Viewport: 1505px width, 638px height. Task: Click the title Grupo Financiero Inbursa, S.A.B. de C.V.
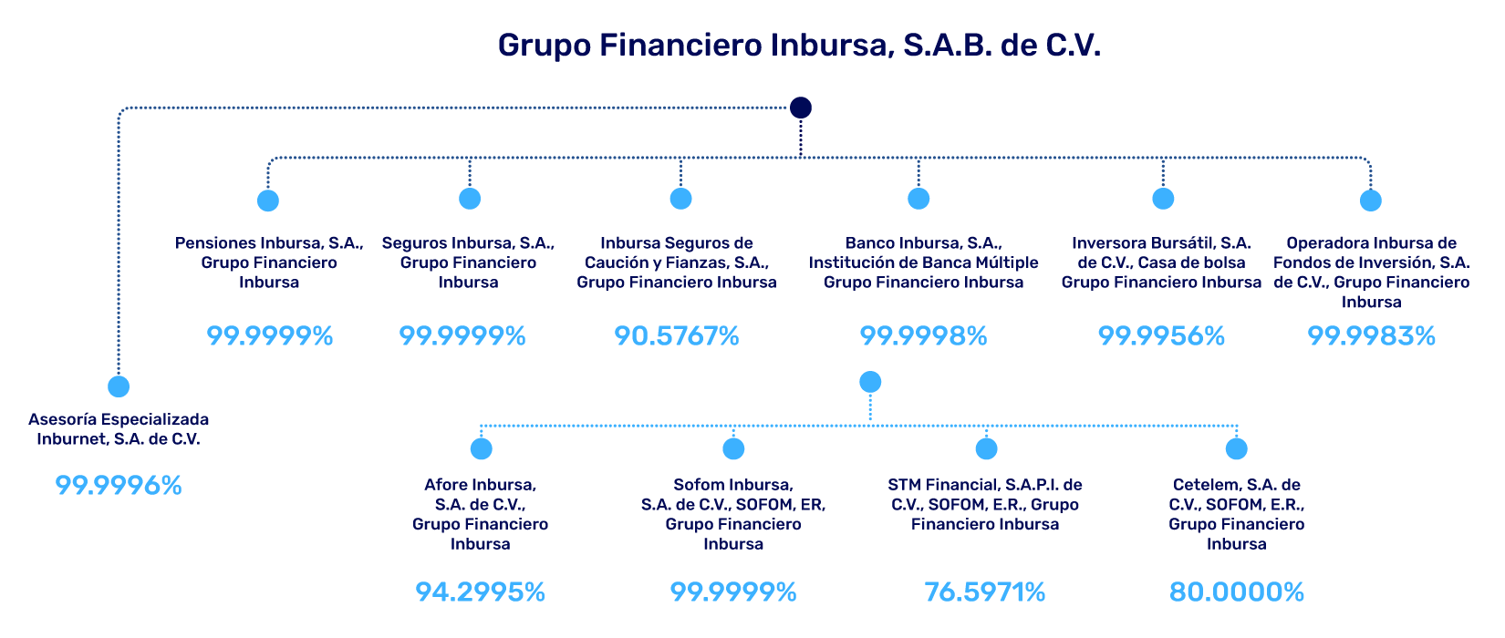799,46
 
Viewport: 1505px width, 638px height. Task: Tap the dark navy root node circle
800,108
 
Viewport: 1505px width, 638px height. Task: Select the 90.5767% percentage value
676,336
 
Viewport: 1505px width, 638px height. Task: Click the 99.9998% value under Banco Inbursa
923,336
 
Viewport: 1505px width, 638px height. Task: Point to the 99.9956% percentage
1161,336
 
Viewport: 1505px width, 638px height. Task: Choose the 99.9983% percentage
1371,336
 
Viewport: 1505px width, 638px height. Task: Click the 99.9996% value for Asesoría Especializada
119,486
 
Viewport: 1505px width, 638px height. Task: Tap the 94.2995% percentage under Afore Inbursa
480,592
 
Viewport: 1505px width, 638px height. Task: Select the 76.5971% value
984,592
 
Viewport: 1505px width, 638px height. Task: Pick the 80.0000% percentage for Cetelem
1236,592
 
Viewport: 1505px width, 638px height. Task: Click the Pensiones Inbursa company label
269,262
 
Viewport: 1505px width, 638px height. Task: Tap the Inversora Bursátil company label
1161,262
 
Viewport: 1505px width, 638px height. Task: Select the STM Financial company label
985,504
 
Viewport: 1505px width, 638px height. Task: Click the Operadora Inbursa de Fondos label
1371,272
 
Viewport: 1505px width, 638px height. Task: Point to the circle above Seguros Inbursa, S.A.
469,198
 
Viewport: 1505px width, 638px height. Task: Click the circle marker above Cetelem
1236,448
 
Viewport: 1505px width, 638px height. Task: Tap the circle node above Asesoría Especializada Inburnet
119,386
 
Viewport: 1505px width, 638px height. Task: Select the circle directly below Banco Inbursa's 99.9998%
870,382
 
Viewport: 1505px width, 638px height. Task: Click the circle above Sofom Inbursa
733,448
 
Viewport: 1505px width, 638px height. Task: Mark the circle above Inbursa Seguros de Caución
680,198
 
